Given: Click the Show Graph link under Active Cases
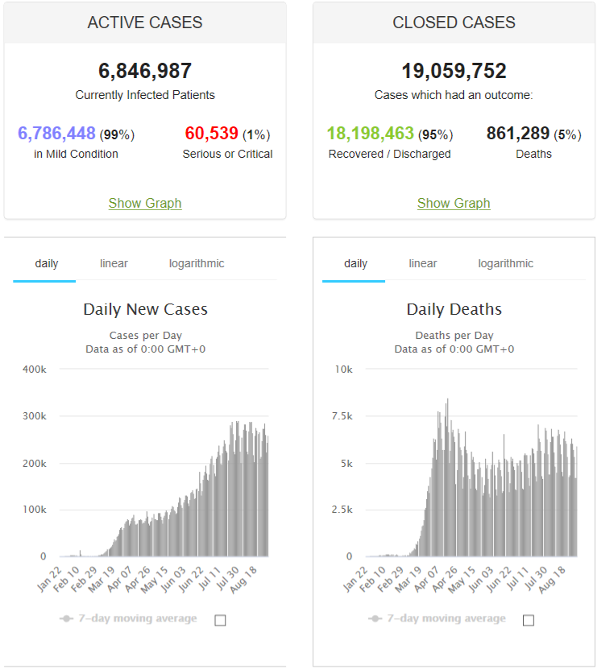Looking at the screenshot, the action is (145, 203).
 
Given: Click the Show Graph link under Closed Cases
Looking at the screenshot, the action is (454, 203).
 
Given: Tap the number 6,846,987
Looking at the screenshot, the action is (145, 71).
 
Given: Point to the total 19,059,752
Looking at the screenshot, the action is (454, 71).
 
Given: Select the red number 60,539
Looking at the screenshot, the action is (211, 133).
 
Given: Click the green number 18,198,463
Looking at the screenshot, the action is (371, 133).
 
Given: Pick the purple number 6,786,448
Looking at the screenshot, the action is (56, 133).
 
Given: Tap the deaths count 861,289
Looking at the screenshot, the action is (517, 133).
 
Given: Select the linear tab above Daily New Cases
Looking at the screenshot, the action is (114, 263).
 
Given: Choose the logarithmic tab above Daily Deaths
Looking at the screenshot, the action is (506, 264).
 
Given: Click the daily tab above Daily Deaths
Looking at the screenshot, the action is (355, 264).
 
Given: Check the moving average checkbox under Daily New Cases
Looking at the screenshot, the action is (220, 620).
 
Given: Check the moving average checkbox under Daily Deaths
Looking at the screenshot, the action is (529, 620).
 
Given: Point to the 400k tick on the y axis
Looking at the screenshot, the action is (34, 369).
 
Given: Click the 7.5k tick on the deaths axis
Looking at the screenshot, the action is (342, 416).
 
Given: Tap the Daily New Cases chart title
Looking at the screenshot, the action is (145, 309).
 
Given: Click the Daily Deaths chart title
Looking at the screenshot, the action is (454, 309).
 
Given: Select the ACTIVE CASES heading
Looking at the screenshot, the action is (145, 23).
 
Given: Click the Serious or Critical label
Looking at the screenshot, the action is (227, 154).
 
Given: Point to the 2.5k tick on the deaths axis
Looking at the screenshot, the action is (342, 510).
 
